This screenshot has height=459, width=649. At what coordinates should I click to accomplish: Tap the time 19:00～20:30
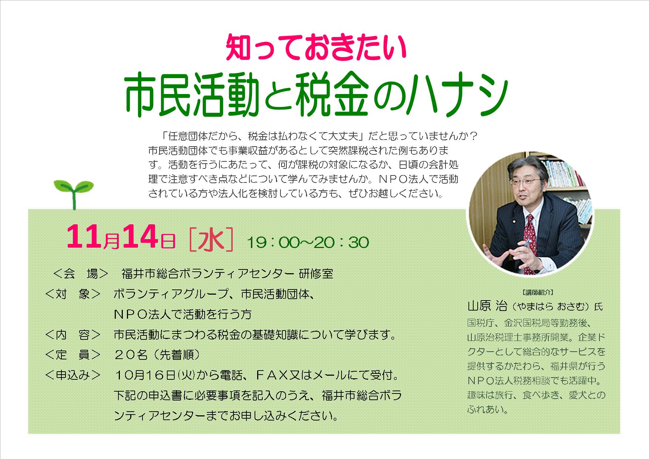308,242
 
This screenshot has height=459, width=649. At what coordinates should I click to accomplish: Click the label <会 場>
81,274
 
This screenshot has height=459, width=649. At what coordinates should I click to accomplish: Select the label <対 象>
73,294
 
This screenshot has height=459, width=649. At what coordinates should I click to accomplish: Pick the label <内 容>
73,335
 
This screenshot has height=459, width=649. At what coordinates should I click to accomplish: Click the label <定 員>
73,355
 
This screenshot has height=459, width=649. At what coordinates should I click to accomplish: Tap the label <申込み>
73,375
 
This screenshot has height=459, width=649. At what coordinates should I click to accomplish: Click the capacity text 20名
131,355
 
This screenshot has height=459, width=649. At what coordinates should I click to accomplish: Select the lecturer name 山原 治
487,307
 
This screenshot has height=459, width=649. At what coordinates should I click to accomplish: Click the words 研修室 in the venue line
316,274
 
